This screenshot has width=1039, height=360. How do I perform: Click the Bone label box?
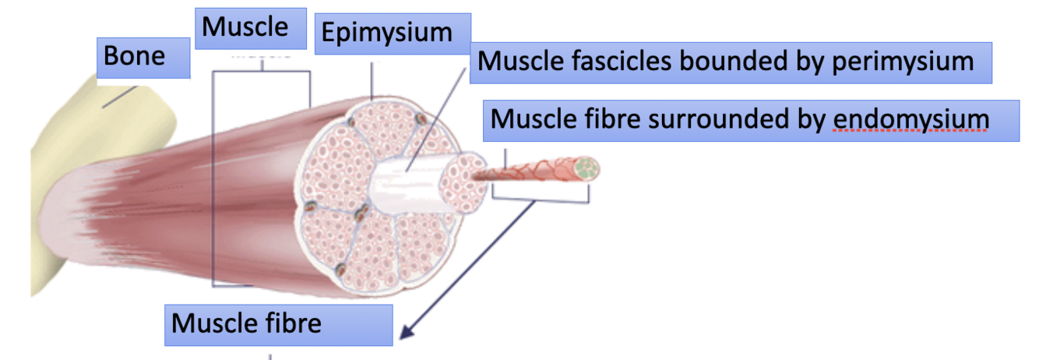[x=143, y=58]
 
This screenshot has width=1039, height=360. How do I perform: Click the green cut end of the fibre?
[x=589, y=167]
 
